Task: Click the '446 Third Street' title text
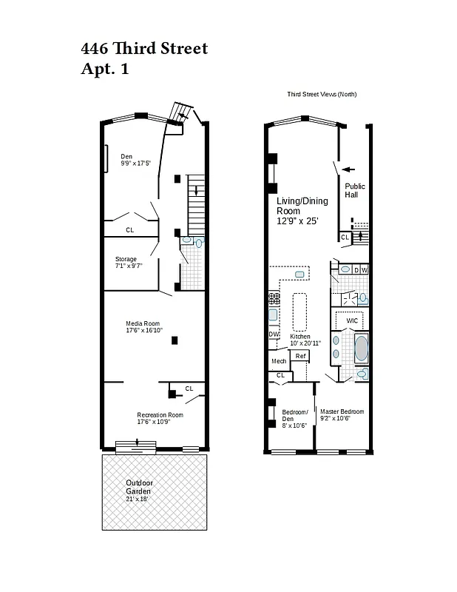(x=144, y=49)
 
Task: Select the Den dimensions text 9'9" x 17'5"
(x=135, y=163)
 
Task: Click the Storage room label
(x=126, y=259)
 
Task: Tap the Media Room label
(x=142, y=323)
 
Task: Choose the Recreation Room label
(x=160, y=414)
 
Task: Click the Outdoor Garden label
(x=138, y=487)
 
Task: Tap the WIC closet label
(x=352, y=320)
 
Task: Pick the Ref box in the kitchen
(x=300, y=356)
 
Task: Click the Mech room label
(x=278, y=361)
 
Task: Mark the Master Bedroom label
(x=342, y=411)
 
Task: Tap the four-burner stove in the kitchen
(x=274, y=298)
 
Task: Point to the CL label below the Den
(x=130, y=229)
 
